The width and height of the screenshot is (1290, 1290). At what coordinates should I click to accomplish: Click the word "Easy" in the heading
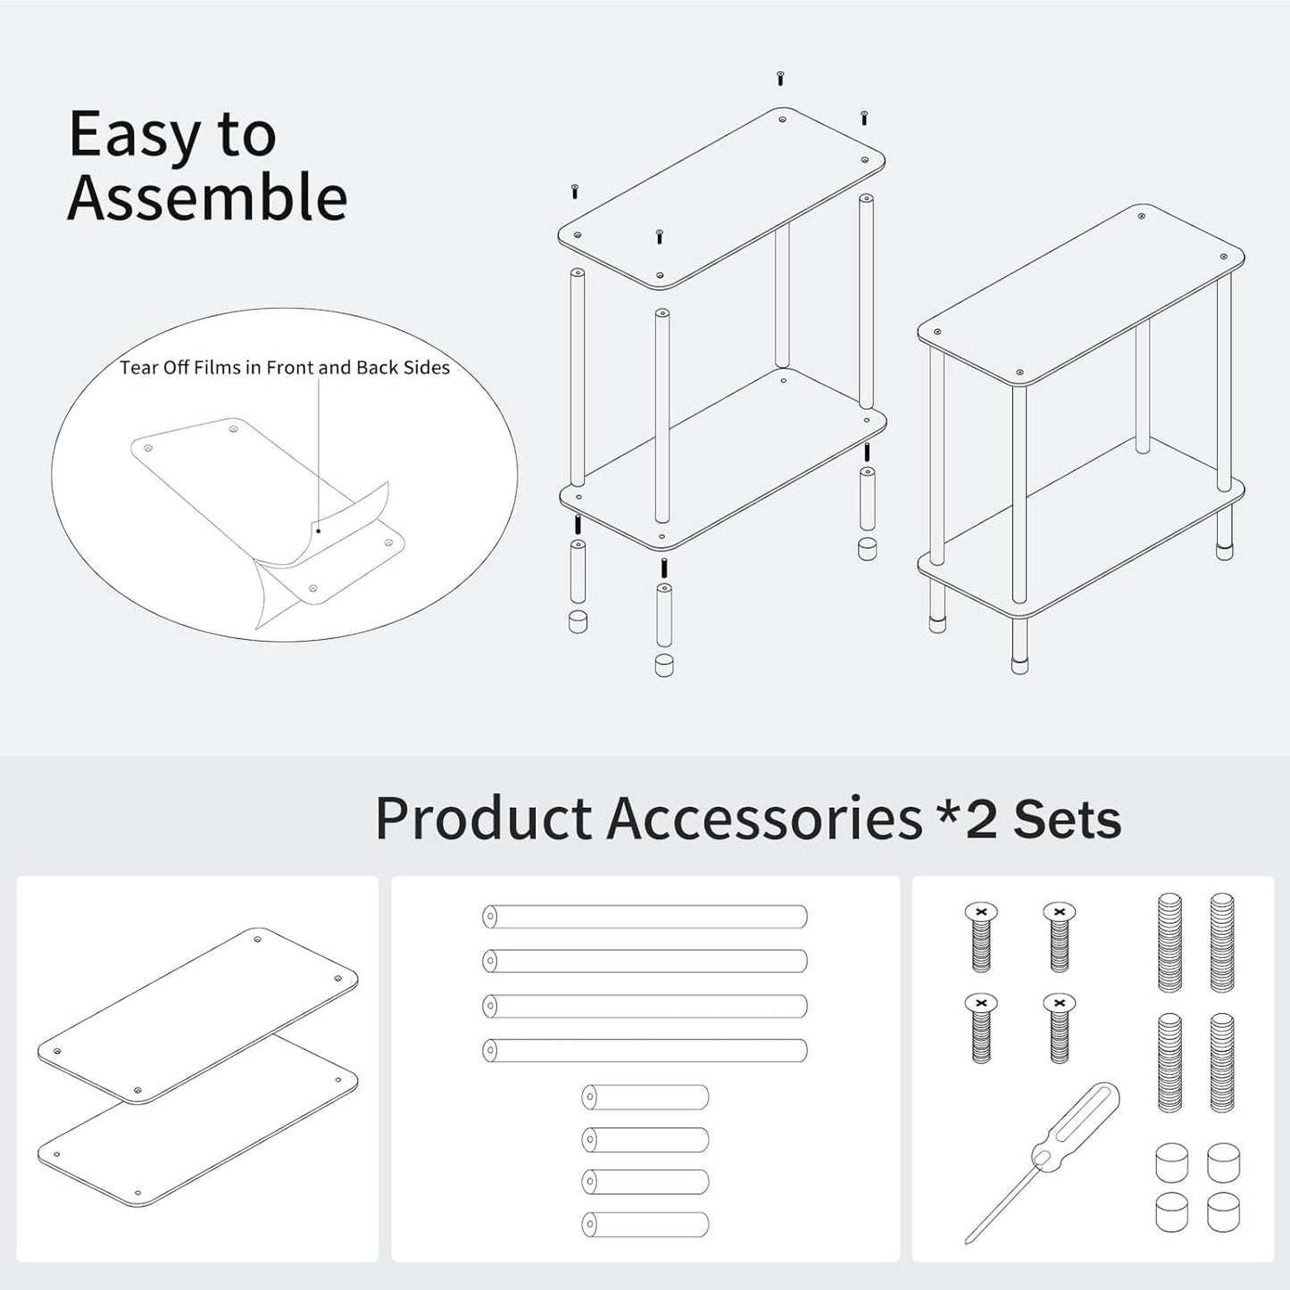pos(134,136)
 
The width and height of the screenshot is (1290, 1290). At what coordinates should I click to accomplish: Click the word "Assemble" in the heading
pos(207,197)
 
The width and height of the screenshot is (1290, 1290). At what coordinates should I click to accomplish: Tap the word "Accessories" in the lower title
pos(764,818)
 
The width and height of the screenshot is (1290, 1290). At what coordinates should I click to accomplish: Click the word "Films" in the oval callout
pos(229,368)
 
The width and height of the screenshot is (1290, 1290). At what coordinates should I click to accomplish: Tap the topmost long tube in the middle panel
pos(645,917)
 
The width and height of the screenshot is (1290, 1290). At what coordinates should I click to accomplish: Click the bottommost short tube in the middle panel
pos(645,1224)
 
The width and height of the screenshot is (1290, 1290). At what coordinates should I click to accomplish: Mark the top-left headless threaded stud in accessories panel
pos(1169,942)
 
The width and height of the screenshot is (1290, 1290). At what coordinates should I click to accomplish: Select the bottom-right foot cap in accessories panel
pos(1223,1213)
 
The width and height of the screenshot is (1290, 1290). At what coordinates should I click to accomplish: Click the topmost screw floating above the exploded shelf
pos(780,79)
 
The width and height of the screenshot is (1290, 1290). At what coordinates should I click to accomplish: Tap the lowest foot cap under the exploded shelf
pos(663,665)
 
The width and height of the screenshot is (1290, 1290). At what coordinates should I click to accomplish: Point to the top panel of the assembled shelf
pos(1081,295)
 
